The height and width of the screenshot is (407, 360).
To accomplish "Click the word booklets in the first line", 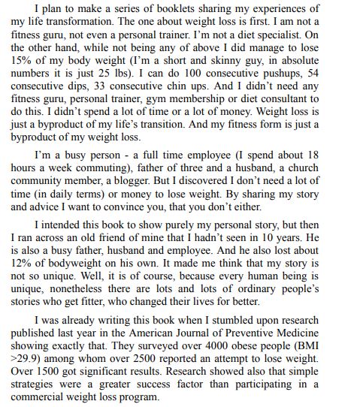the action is tap(160, 8).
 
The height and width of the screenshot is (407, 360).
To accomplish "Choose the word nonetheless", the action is tap(83, 289).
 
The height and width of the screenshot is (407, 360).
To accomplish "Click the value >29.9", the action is tap(24, 360).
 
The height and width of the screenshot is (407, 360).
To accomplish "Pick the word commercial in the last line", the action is tap(40, 398).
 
